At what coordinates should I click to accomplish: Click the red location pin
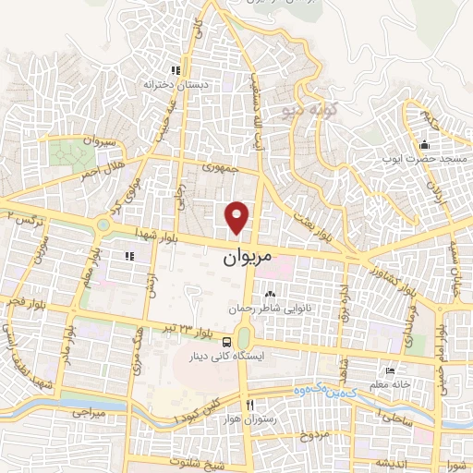238,216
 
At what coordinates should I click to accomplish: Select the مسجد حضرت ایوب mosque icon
423,145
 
